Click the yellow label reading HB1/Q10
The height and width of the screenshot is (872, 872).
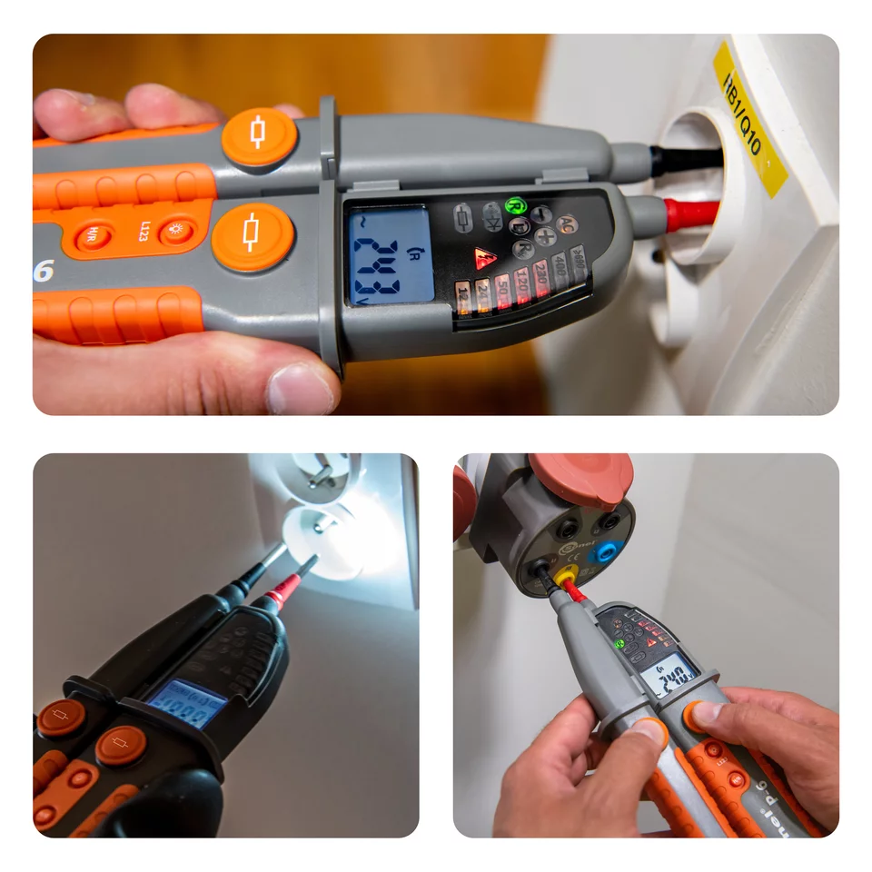coord(750,118)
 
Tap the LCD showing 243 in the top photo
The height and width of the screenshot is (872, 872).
coord(391,254)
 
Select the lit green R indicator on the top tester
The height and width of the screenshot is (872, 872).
coord(516,207)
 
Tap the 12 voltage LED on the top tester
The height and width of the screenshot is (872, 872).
coord(463,297)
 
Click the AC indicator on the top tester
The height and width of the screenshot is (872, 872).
coord(566,223)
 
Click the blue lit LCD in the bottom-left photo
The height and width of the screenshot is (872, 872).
coord(185,702)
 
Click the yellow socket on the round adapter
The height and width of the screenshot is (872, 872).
coord(565,575)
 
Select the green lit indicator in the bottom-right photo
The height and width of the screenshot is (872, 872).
coord(620,644)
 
